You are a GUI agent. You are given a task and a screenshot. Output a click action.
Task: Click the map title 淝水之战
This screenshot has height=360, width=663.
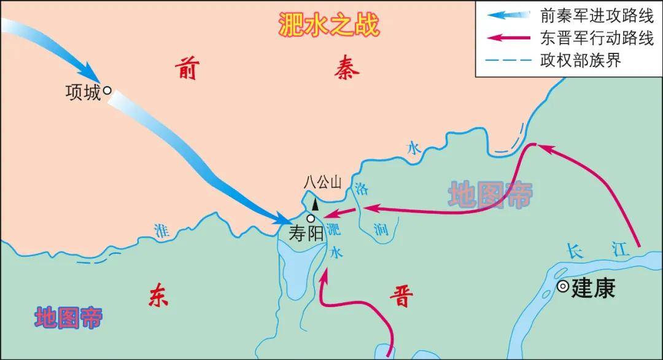tap(328, 25)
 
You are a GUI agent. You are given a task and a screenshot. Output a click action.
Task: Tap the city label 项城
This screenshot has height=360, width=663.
tap(82, 92)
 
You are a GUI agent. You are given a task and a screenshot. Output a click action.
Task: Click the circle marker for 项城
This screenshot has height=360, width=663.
tap(107, 90)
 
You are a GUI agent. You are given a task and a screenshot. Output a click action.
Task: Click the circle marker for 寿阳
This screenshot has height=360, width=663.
tap(311, 218)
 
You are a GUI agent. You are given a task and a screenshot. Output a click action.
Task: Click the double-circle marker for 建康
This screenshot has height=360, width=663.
tap(563, 286)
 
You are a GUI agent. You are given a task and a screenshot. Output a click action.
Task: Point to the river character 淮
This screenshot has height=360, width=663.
tap(161, 231)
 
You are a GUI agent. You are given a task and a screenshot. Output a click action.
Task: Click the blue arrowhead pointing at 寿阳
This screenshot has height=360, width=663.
tap(287, 218)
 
